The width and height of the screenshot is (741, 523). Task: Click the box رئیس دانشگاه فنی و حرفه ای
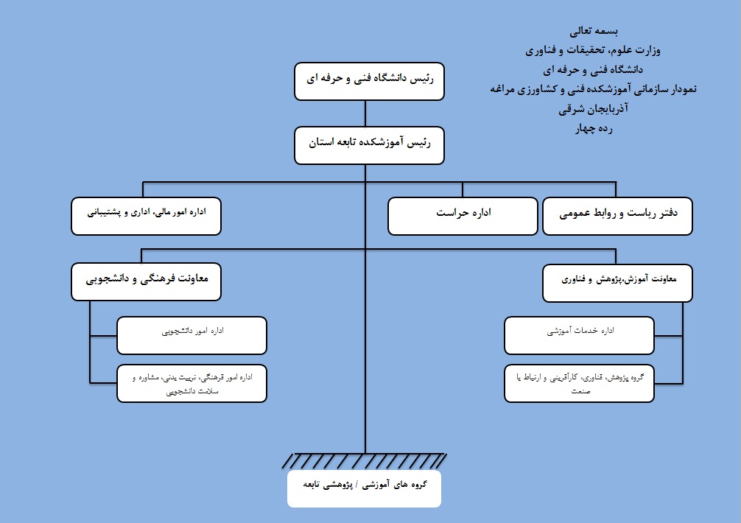coord(369,81)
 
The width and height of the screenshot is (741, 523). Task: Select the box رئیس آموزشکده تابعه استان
coord(369,146)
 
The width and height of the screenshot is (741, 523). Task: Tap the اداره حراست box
coord(463,216)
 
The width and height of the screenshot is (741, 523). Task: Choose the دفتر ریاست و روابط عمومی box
coord(618,216)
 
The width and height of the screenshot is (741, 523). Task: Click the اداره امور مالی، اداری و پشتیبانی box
coord(146,216)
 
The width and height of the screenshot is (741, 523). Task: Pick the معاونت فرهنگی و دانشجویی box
coord(146,281)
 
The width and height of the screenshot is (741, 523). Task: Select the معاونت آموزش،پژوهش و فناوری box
coord(618,283)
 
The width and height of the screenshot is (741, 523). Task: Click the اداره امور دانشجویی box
coord(192,335)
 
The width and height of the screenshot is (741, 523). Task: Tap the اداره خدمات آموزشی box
coord(580,335)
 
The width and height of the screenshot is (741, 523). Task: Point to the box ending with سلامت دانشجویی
coord(192,384)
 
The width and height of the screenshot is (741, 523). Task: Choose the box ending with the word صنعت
coord(580,384)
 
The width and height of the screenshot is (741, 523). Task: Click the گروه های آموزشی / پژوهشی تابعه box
coord(365,488)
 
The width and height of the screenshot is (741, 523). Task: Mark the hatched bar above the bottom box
coord(365,461)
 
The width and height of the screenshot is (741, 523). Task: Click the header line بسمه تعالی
coord(594,31)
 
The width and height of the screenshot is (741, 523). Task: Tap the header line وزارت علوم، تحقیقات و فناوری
coord(593,50)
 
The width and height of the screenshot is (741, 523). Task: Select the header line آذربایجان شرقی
coord(593,109)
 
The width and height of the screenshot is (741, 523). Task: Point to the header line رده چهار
coord(594,128)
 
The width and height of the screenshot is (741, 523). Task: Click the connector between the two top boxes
coord(365,113)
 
